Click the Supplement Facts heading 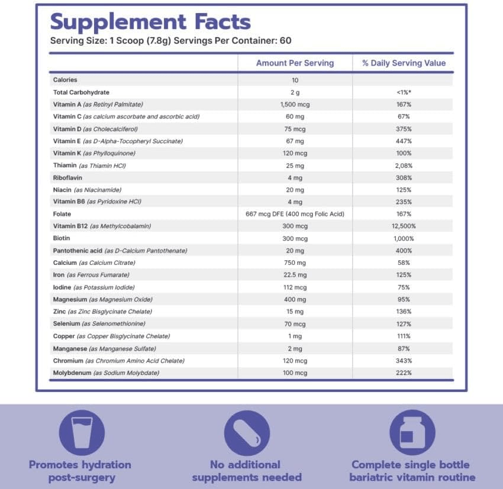pyautogui.click(x=150, y=22)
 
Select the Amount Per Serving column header pyautogui.click(x=295, y=63)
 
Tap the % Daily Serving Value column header pyautogui.click(x=404, y=63)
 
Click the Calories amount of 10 pyautogui.click(x=295, y=80)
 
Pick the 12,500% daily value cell pyautogui.click(x=404, y=226)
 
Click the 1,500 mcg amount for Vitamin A pyautogui.click(x=295, y=104)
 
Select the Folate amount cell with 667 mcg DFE pyautogui.click(x=295, y=214)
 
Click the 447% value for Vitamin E pyautogui.click(x=404, y=141)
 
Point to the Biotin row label pyautogui.click(x=62, y=239)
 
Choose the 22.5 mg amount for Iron pyautogui.click(x=295, y=275)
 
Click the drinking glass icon pyautogui.click(x=82, y=432)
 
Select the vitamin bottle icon pyautogui.click(x=412, y=432)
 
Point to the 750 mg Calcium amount pyautogui.click(x=295, y=263)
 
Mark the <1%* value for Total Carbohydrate pyautogui.click(x=404, y=92)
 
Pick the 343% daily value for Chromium pyautogui.click(x=404, y=361)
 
